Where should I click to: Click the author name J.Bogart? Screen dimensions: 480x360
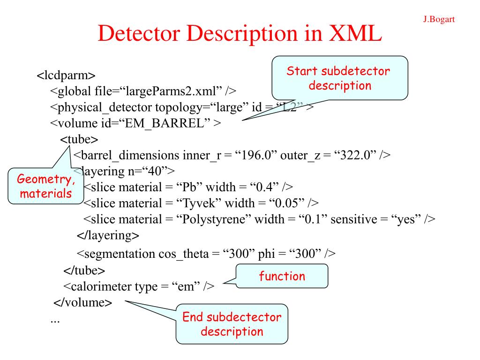439,19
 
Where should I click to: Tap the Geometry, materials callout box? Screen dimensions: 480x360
45,186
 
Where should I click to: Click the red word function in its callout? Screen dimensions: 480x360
282,276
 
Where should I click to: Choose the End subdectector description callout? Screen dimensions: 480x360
232,324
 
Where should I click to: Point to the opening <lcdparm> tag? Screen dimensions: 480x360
66,75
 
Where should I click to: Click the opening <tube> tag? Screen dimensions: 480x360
79,140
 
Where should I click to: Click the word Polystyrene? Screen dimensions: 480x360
215,219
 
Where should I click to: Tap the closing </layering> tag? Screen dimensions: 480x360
108,235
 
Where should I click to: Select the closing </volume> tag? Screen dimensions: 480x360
83,302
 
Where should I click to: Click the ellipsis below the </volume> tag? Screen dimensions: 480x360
55,320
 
